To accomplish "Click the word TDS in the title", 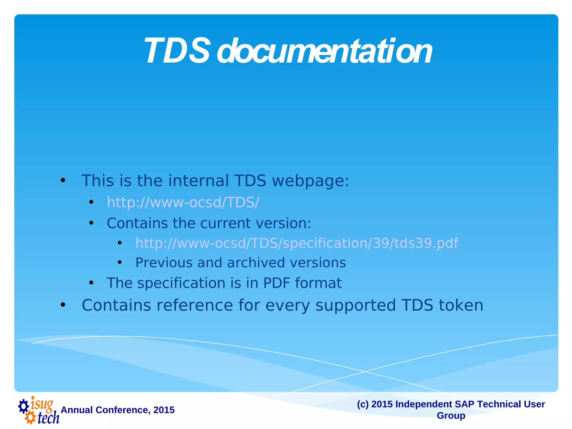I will coord(177,51).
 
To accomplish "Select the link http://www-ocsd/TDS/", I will coord(183,202).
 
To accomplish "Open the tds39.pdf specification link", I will coord(297,243).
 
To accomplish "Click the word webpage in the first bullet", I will coord(310,181).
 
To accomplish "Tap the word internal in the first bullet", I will coord(198,181).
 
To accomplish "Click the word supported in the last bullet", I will coord(356,305).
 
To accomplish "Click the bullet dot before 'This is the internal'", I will coord(63,181).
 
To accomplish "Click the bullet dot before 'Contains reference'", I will coord(63,305).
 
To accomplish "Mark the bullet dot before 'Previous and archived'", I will coord(120,263).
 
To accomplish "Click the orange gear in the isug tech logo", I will coord(30,418).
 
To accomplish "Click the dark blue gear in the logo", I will coord(23,406).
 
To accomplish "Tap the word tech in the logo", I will coord(48,418).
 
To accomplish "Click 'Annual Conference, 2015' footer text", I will coord(118,410).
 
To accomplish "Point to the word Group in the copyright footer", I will coord(451,415).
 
